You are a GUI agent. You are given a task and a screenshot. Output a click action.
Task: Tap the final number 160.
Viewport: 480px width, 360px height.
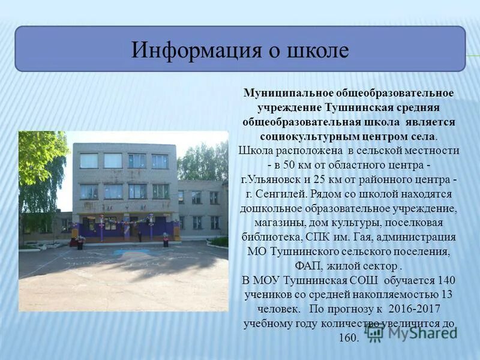click(x=348, y=337)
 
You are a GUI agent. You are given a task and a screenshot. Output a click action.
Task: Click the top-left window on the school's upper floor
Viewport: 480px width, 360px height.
click(x=89, y=161)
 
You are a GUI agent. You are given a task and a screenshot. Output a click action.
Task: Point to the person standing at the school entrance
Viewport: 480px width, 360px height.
click(x=140, y=235)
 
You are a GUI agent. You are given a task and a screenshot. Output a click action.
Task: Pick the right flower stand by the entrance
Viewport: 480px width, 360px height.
click(x=166, y=239)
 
